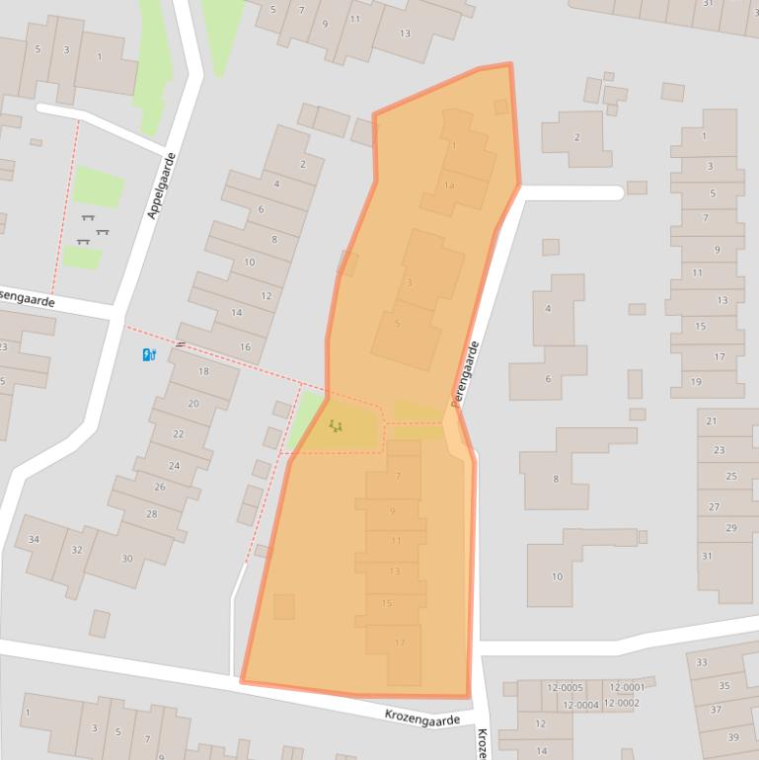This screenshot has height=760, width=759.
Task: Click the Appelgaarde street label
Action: tap(162, 186)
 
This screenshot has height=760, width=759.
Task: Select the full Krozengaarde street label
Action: tap(422, 720)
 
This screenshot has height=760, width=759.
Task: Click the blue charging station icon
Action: tap(149, 355)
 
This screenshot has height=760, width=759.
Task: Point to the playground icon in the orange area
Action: tap(337, 426)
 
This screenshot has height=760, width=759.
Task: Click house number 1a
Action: tap(450, 186)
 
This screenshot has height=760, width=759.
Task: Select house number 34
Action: tap(34, 539)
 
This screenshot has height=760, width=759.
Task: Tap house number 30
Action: tap(126, 559)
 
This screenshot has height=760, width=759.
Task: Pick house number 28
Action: tap(151, 514)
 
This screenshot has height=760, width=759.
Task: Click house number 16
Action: tap(245, 347)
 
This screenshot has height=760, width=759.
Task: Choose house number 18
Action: tap(204, 371)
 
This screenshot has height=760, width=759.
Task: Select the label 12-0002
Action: tap(622, 703)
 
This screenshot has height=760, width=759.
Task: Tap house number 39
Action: tap(733, 737)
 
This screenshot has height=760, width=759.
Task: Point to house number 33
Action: tap(702, 662)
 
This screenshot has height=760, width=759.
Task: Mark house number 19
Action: tap(696, 382)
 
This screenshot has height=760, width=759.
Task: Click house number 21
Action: tap(711, 421)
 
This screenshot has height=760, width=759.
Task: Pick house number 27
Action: tap(714, 506)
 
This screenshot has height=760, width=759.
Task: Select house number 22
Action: tap(179, 434)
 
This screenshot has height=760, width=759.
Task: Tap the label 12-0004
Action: tap(580, 705)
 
